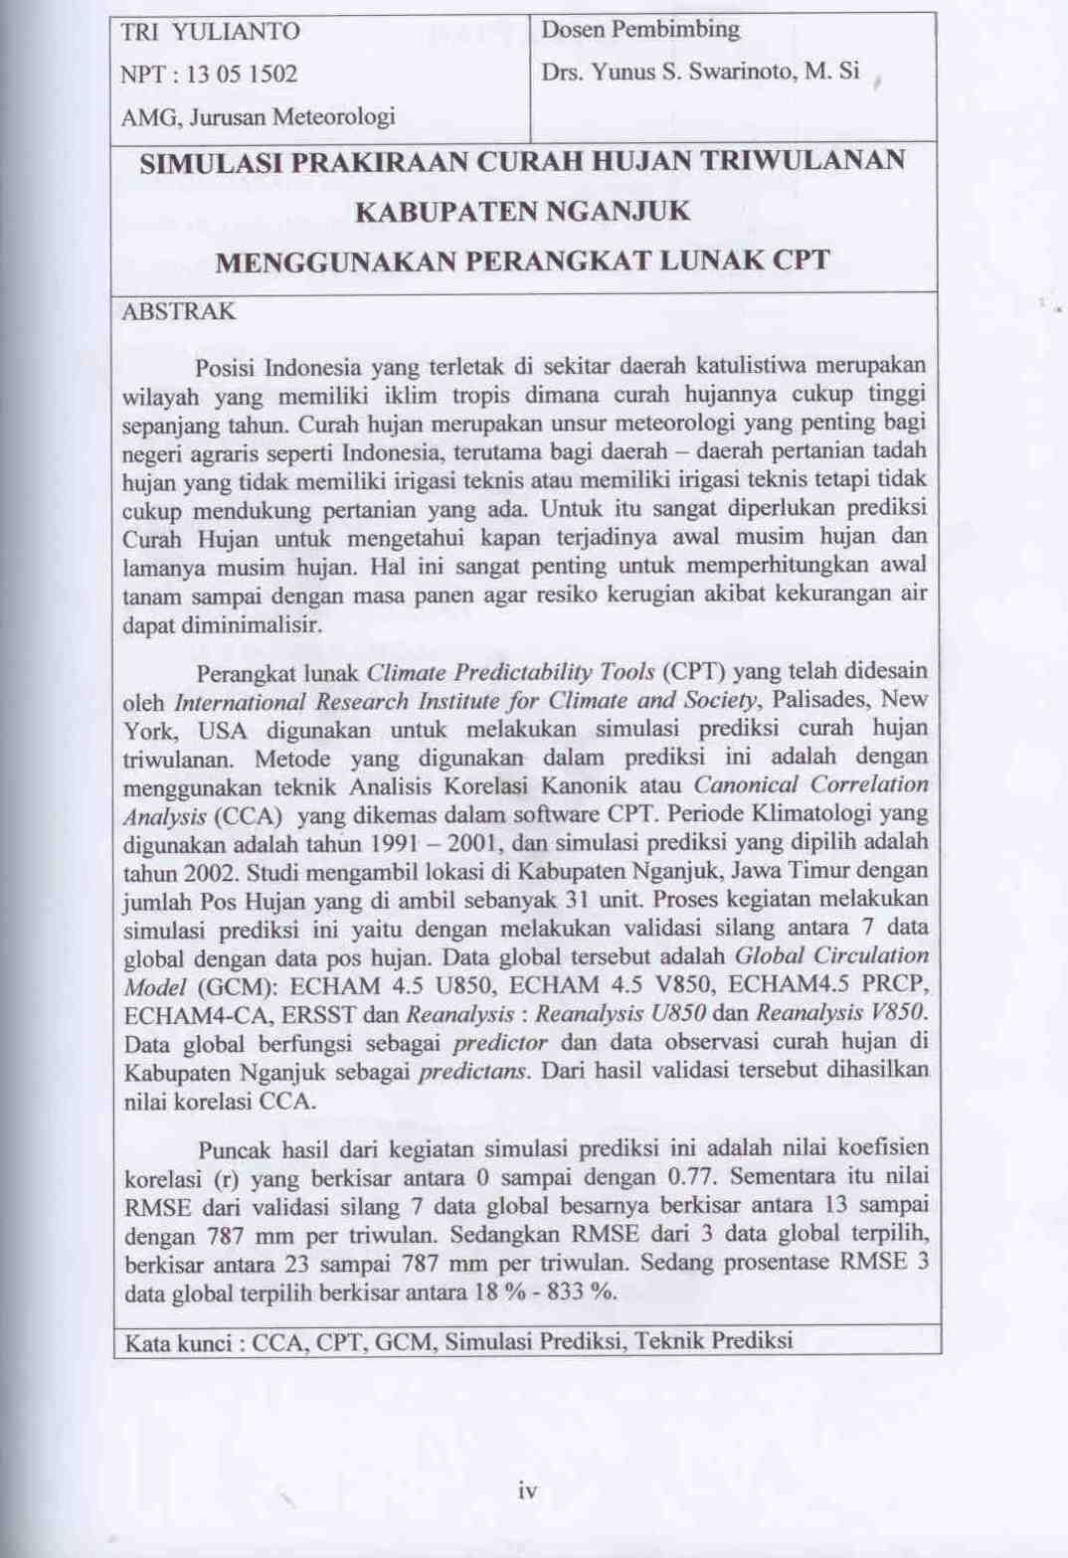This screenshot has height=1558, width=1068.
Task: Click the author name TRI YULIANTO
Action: (210, 32)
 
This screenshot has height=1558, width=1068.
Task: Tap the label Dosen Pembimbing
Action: (640, 30)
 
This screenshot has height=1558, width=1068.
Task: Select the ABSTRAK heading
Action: (178, 312)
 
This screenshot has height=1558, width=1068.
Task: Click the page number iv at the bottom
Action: (527, 1490)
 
